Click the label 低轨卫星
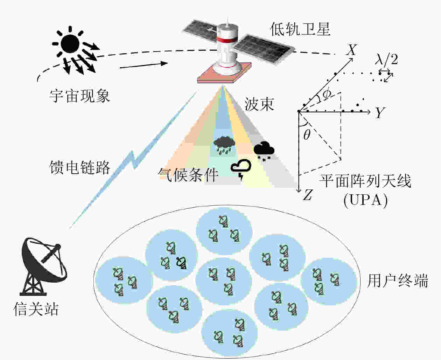pyautogui.click(x=300, y=29)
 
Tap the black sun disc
pyautogui.click(x=70, y=44)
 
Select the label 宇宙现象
pyautogui.click(x=80, y=96)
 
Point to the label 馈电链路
pyautogui.click(x=80, y=167)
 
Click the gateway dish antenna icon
pyautogui.click(x=43, y=266)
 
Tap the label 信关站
pyautogui.click(x=36, y=309)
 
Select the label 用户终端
pyautogui.click(x=398, y=281)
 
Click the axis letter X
pyautogui.click(x=351, y=50)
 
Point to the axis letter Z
pyautogui.click(x=308, y=195)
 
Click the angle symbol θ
pyautogui.click(x=307, y=134)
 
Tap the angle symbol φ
pyautogui.click(x=327, y=94)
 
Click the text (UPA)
pyautogui.click(x=365, y=200)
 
